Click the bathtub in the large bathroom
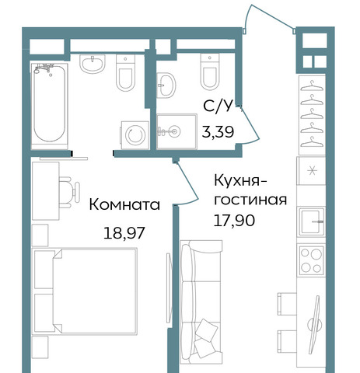pos(50,106)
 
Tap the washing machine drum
pos(135,135)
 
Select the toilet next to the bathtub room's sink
pos(126,72)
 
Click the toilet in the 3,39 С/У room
pos(210,71)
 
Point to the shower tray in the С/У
pos(177,131)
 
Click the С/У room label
pos(217,106)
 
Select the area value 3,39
pos(218,132)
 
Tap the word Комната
pos(124,204)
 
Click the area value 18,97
pos(124,232)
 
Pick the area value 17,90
pos(234,221)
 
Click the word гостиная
pos(250,200)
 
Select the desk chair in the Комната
pos(69,192)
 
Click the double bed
pos(85,291)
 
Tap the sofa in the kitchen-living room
pos(201,302)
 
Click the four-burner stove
pos(312,260)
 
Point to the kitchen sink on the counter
pos(312,222)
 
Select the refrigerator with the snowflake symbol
pos(311,171)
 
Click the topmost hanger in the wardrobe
pos(312,85)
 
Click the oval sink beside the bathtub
pos(93,64)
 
